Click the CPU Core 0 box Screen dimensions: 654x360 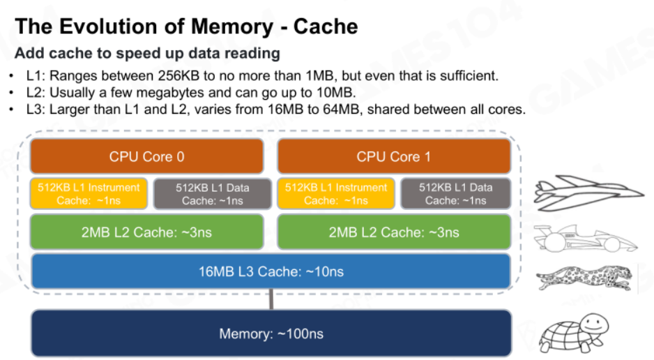[x=147, y=156]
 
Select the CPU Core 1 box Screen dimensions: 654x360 [x=394, y=156]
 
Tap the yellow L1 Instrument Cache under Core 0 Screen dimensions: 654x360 [x=89, y=193]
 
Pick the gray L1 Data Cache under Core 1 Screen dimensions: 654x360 [x=455, y=193]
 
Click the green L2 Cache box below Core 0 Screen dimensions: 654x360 [x=147, y=232]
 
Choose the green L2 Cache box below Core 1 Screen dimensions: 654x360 [x=394, y=232]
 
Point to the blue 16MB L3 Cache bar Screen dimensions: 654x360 [x=271, y=271]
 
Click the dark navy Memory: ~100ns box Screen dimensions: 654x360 [x=271, y=333]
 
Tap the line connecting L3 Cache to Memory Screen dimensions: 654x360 [x=271, y=299]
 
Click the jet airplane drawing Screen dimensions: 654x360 [x=588, y=193]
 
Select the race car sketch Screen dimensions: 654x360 [x=586, y=239]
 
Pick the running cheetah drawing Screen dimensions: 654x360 [x=584, y=278]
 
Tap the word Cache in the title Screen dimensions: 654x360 [x=326, y=27]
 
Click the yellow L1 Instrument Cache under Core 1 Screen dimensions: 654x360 [x=336, y=193]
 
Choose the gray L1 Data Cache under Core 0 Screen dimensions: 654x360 [x=212, y=193]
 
